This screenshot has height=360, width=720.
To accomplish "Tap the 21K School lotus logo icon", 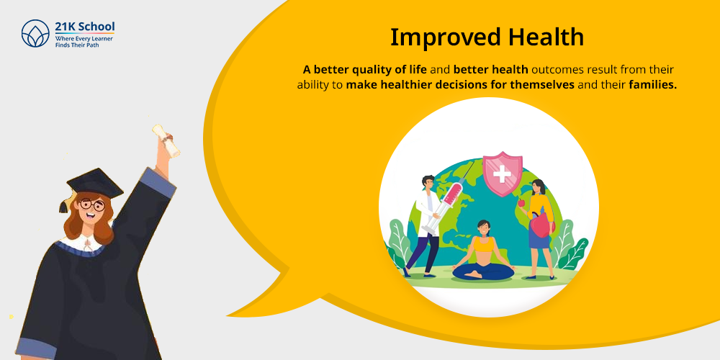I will (35, 33).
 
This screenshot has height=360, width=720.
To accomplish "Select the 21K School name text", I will (85, 27).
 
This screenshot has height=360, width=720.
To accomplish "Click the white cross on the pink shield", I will (502, 173).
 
